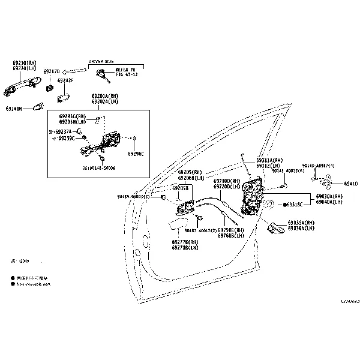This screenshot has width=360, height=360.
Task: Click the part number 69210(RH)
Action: pyautogui.click(x=23, y=63)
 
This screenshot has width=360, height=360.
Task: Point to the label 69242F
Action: pyautogui.click(x=65, y=81)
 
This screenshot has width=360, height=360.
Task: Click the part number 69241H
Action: pyautogui.click(x=14, y=109)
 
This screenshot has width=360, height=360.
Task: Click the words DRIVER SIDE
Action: pyautogui.click(x=100, y=61)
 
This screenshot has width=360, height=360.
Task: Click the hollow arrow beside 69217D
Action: pyautogui.click(x=74, y=71)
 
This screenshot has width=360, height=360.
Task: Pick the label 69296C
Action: pyautogui.click(x=136, y=154)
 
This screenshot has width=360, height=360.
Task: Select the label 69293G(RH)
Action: pyautogui.click(x=73, y=116)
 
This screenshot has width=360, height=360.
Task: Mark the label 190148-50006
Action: pyautogui.click(x=101, y=169)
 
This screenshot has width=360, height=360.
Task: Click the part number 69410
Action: pyautogui.click(x=352, y=184)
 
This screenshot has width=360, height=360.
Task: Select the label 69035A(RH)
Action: pyautogui.click(x=301, y=223)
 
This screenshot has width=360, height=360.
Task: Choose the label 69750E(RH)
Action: pyautogui.click(x=231, y=230)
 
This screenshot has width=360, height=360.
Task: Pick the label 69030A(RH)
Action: pyautogui.click(x=329, y=196)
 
